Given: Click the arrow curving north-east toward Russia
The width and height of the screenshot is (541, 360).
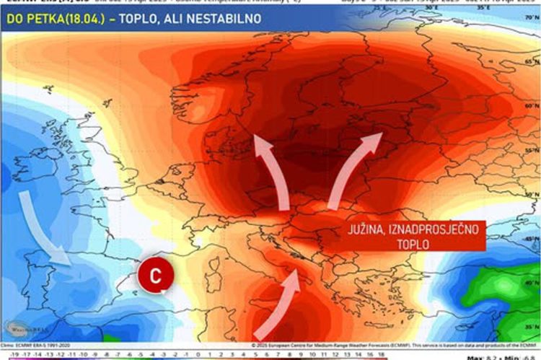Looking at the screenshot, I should click(x=353, y=166).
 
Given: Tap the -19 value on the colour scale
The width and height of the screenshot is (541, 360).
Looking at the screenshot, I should click(x=6, y=354).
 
